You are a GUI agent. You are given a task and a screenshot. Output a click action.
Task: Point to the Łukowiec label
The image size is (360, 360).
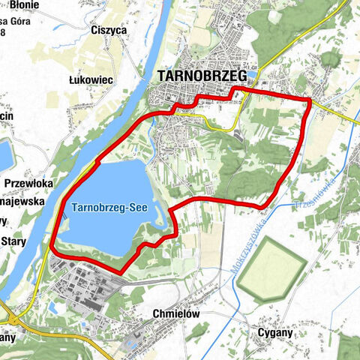pyautogui.click(x=90, y=79)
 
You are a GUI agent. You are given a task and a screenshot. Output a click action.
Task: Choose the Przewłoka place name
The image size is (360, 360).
pyautogui.click(x=28, y=183)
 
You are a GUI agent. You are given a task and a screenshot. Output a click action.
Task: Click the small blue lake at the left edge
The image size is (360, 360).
pyautogui.click(x=4, y=154)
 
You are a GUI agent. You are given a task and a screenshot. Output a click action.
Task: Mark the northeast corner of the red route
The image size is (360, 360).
pyautogui.click(x=309, y=100)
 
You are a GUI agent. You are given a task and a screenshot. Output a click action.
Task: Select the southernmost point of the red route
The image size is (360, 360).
pyautogui.click(x=120, y=271)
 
